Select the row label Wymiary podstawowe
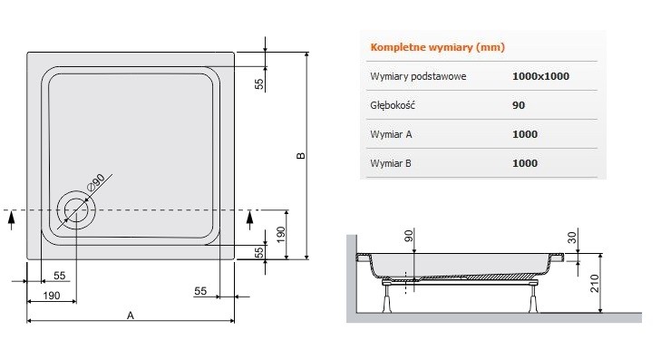(418, 76)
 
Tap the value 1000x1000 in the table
(540, 76)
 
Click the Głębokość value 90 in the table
(519, 105)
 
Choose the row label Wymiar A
(391, 134)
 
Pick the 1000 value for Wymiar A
(524, 134)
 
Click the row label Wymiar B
(391, 163)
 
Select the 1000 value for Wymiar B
(524, 163)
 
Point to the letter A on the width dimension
(131, 316)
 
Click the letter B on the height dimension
(300, 155)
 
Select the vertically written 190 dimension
(283, 235)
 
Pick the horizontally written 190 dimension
(51, 296)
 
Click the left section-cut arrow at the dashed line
(10, 219)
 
